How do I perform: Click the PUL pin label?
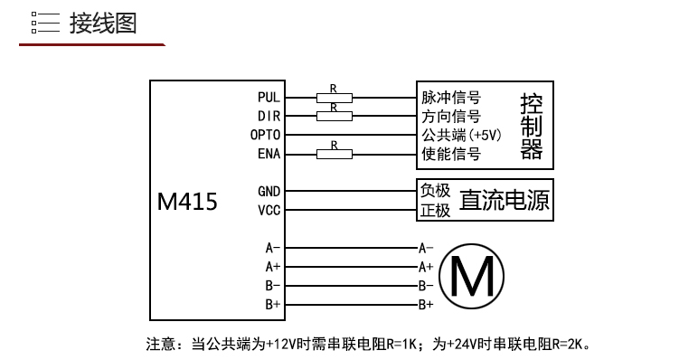(x=269, y=97)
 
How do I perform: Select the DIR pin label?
(x=269, y=117)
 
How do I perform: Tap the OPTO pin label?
(x=265, y=135)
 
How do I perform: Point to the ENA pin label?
(x=269, y=154)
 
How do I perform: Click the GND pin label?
(x=269, y=192)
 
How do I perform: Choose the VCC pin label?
(x=269, y=210)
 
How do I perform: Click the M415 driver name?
(x=187, y=202)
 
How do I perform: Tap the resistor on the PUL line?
(x=335, y=98)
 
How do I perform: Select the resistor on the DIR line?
(x=335, y=117)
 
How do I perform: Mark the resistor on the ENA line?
(x=335, y=154)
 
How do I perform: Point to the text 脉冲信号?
(x=451, y=97)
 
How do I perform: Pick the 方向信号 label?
(x=451, y=117)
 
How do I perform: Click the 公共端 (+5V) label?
(x=462, y=135)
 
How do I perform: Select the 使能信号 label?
(x=451, y=154)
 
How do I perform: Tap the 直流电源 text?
(x=505, y=200)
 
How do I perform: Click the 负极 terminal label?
(x=436, y=191)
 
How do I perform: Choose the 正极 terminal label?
(x=436, y=210)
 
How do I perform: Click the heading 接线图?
(x=103, y=24)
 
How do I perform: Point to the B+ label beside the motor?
(x=426, y=305)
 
